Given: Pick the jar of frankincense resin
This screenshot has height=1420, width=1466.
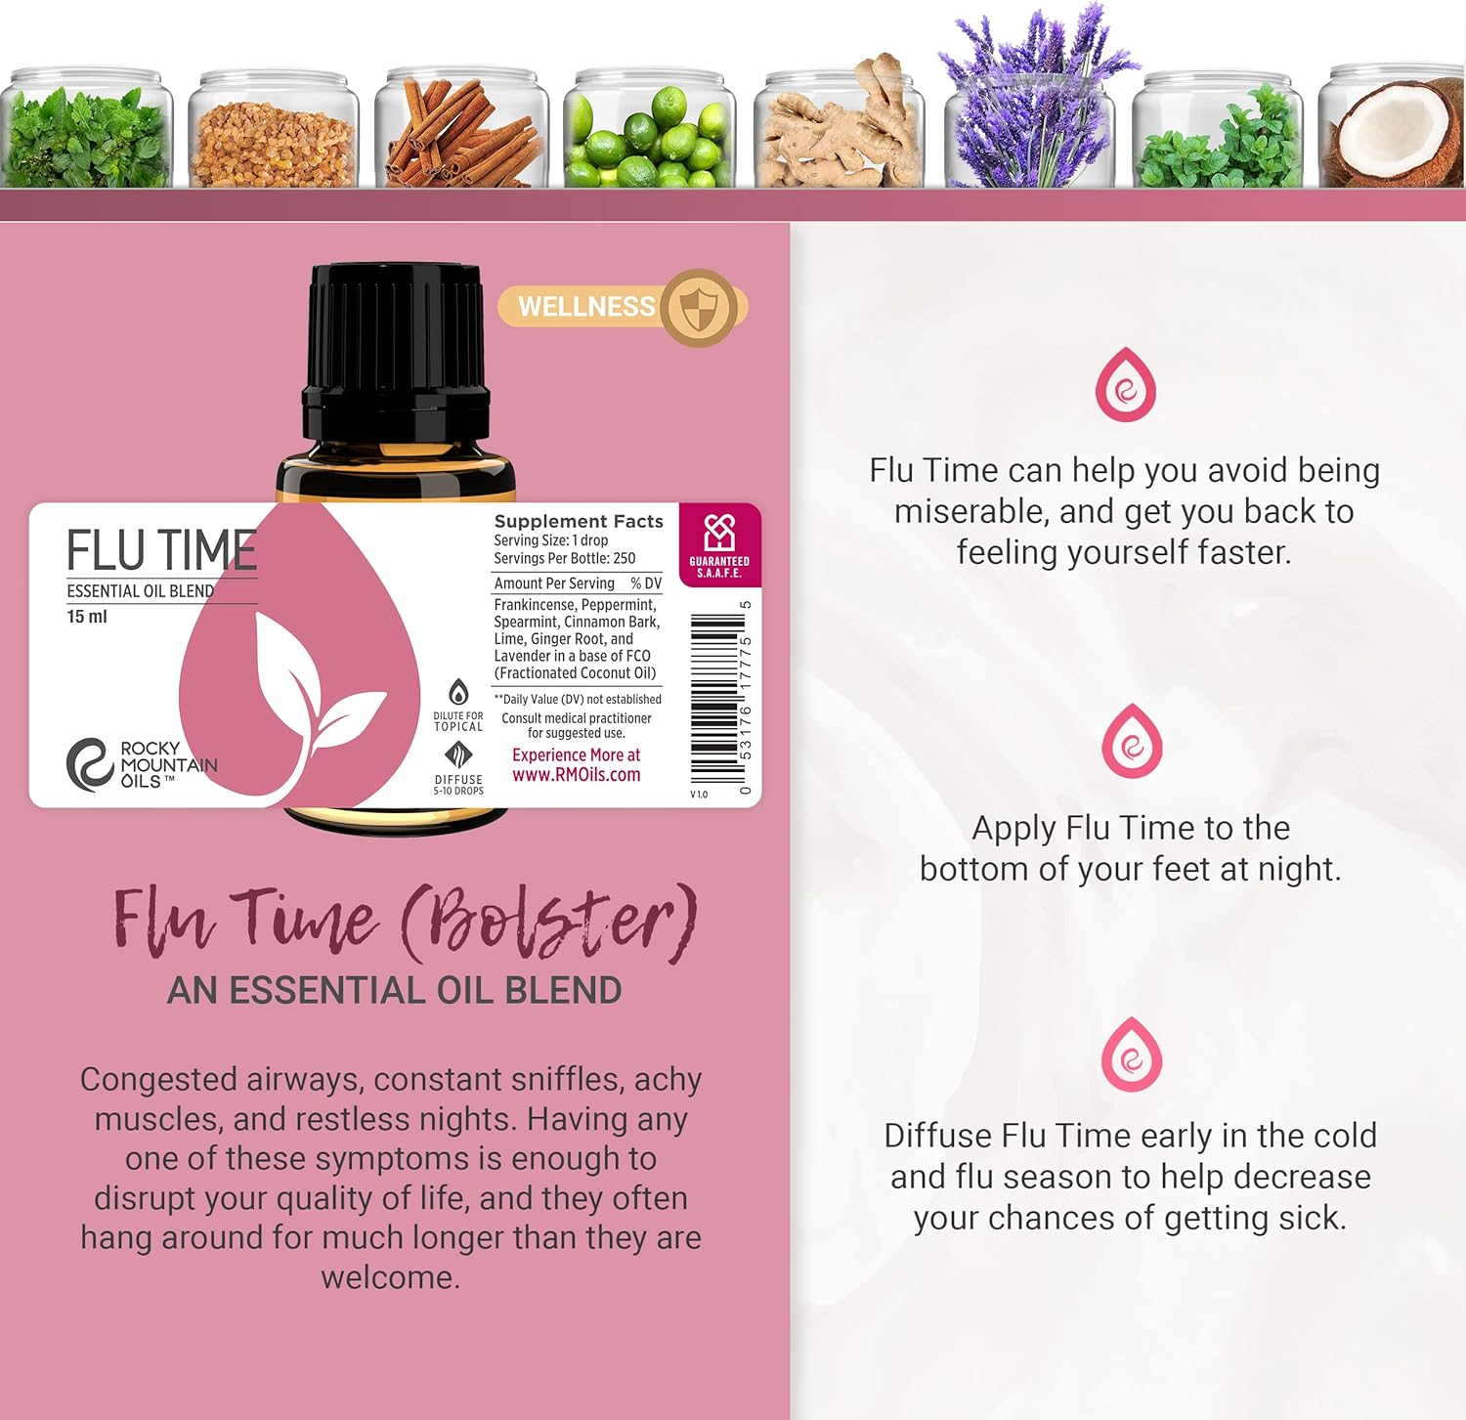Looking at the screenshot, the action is [273, 128].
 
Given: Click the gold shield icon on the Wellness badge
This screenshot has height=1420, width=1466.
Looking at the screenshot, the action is [698, 308].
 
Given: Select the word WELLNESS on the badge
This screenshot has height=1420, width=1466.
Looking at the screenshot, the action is [586, 307].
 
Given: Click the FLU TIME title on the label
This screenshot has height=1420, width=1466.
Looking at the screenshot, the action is [161, 550].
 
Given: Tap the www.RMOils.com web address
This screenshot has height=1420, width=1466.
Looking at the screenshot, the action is [577, 775].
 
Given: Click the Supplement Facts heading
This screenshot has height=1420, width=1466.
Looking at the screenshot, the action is [579, 521].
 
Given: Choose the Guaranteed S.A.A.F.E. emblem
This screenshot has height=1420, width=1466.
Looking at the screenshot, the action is [719, 545].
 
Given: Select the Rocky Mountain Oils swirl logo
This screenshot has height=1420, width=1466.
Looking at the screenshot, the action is [90, 763].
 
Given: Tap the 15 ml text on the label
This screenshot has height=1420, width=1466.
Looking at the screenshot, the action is [87, 617].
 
